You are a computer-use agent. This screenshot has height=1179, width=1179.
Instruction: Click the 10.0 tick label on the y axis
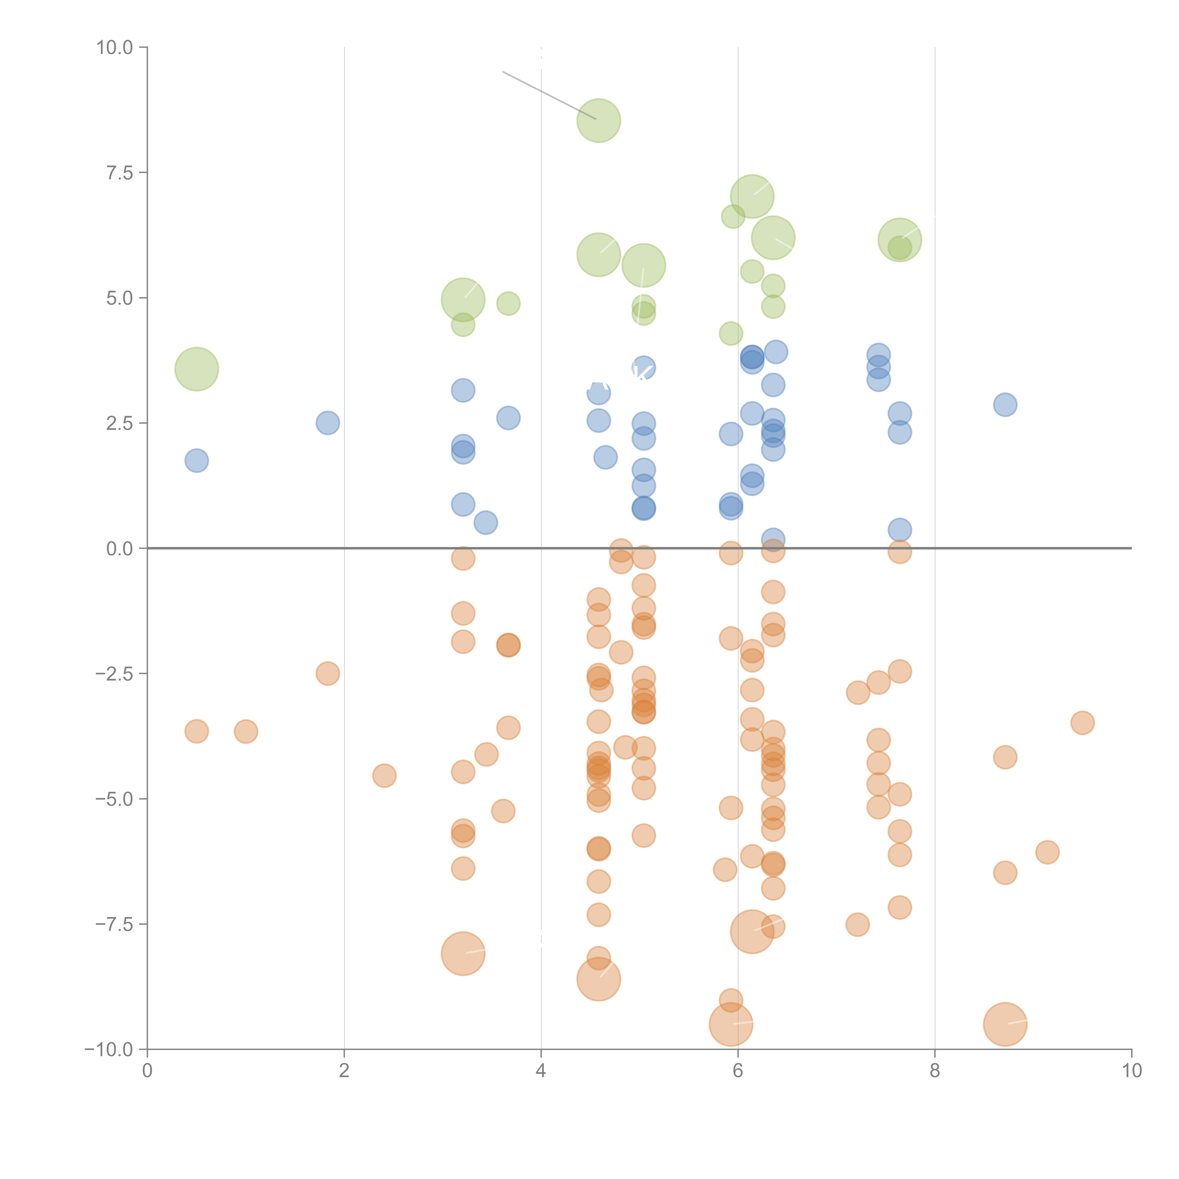[x=115, y=48]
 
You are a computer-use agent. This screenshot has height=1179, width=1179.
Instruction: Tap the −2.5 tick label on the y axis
[x=115, y=674]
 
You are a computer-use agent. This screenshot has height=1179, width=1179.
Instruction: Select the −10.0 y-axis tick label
[x=110, y=1050]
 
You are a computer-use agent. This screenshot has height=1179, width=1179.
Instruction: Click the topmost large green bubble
[x=599, y=120]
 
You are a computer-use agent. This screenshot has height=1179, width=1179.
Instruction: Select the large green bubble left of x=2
[x=196, y=369]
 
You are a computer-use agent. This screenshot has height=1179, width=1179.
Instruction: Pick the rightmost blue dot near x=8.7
[x=1005, y=405]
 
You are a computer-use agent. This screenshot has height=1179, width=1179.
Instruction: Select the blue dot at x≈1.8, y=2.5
[x=328, y=423]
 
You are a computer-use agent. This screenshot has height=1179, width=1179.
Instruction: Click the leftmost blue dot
[x=196, y=461]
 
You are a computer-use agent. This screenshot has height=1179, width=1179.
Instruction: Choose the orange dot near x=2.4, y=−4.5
[x=384, y=776]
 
